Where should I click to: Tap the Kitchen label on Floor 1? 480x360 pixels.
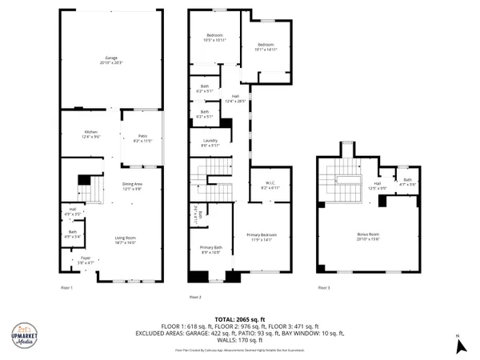91,134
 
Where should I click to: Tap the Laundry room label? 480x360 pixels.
210,143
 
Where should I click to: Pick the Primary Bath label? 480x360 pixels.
210,249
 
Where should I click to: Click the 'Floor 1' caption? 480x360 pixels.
66,287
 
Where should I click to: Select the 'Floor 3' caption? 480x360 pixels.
323,287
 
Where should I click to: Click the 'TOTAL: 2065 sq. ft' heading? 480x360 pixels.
240,319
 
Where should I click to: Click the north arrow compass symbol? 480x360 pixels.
459,345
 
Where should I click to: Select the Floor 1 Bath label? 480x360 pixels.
72,235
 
